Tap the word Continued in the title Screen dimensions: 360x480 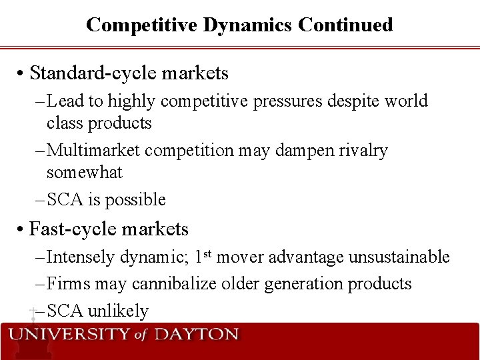[x=345, y=25]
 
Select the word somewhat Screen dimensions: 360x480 [x=84, y=172]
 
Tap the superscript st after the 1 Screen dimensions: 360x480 [x=207, y=253]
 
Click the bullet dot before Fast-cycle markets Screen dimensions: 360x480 [x=21, y=230]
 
